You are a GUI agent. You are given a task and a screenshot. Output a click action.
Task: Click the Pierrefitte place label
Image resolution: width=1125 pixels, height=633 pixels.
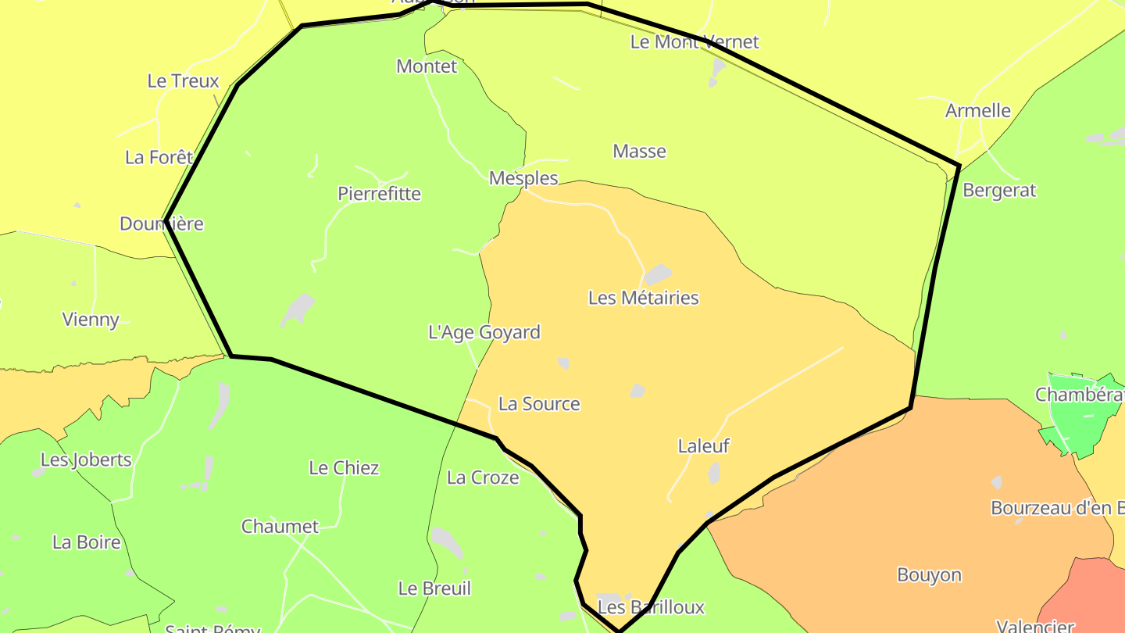click(379, 194)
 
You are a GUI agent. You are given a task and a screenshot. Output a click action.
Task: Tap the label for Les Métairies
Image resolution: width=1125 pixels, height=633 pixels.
click(643, 298)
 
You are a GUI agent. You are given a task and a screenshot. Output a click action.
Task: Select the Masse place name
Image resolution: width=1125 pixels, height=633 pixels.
click(639, 152)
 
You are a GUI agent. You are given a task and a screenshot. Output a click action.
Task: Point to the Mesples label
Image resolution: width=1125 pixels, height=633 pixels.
click(523, 178)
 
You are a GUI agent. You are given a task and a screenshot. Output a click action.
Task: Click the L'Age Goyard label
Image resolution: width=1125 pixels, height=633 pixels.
click(484, 332)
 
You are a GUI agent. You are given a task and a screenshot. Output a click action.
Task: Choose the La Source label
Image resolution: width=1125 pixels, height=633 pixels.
click(539, 404)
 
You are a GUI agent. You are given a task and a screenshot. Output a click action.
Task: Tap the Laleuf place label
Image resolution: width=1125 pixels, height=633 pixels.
click(703, 446)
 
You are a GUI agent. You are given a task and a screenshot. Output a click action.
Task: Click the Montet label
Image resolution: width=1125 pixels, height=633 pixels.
click(427, 66)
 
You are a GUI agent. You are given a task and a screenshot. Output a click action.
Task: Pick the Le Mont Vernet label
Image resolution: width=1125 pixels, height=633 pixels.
click(695, 42)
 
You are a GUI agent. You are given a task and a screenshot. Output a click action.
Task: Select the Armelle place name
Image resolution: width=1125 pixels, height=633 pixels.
click(978, 111)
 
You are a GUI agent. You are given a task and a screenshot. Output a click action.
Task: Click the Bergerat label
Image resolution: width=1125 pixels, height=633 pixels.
click(999, 190)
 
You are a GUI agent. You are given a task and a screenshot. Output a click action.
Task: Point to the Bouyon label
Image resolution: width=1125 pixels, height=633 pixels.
click(929, 575)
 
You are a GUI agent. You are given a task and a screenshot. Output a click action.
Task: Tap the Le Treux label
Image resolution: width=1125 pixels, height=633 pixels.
click(183, 81)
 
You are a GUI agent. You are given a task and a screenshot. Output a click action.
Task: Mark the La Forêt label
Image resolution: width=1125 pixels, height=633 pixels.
click(159, 158)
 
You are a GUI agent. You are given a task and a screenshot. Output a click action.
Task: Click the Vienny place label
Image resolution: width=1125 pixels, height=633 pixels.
click(91, 320)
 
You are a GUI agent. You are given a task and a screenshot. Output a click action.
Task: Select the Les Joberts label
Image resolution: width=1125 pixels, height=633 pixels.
click(86, 460)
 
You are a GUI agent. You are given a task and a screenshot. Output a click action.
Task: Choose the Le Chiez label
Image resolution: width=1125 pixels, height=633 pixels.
click(344, 468)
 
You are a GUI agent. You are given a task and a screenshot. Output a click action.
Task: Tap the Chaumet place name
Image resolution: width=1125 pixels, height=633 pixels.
click(280, 527)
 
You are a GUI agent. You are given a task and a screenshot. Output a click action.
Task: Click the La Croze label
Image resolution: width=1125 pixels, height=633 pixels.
click(483, 477)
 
